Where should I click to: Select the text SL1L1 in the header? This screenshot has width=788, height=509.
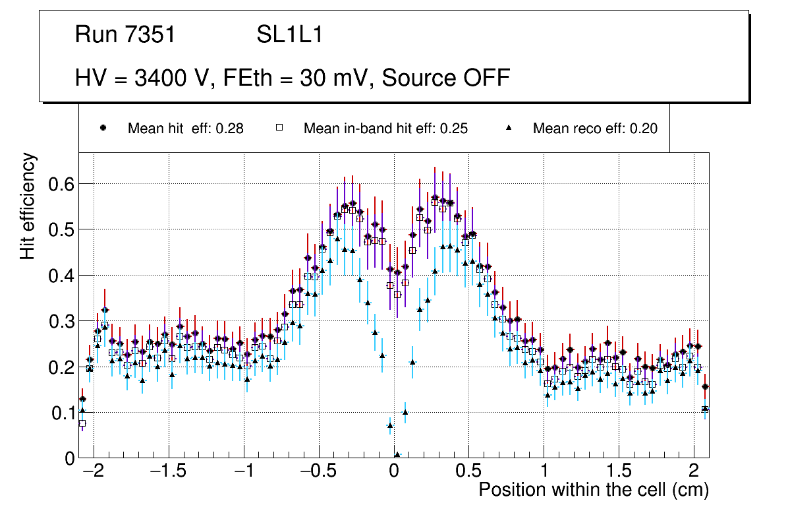tap(289, 35)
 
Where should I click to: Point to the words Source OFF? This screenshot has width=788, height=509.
tap(446, 78)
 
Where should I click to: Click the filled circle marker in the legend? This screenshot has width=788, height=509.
tap(103, 128)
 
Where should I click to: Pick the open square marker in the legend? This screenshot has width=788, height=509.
tap(279, 128)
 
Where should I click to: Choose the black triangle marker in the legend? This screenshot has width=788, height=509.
tap(508, 128)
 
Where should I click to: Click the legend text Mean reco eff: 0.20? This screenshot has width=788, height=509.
tap(595, 129)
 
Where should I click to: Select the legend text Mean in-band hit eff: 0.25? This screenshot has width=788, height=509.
tap(385, 129)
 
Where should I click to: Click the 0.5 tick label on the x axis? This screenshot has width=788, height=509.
tap(469, 471)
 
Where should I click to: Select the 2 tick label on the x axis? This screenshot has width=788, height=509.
tap(694, 471)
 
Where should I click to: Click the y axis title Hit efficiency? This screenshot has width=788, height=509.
tap(28, 206)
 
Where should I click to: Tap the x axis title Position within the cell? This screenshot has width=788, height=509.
tap(593, 490)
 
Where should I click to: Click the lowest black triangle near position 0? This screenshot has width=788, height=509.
tap(397, 454)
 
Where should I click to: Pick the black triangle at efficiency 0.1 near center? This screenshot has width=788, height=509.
tap(405, 412)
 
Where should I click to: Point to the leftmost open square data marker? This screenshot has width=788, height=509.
tap(82, 423)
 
